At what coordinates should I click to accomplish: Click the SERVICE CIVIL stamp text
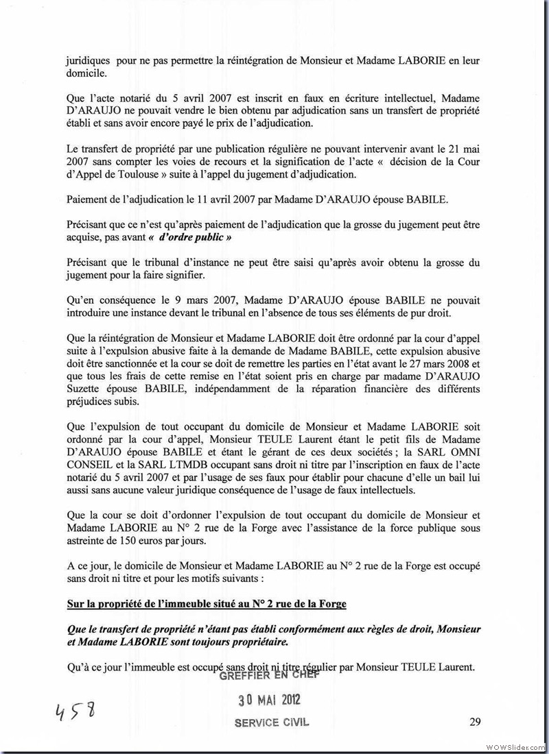[272, 722]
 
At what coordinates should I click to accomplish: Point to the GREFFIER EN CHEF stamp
[270, 674]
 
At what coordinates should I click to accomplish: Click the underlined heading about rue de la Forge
[207, 603]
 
